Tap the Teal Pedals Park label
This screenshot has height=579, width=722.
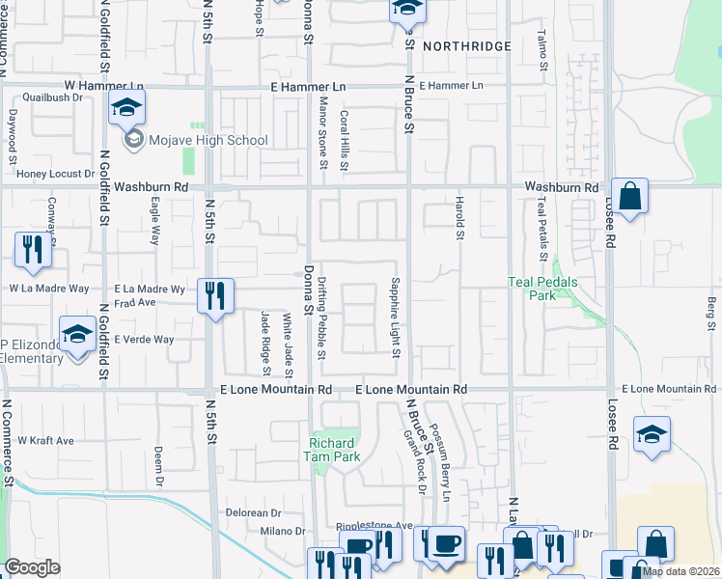pyautogui.click(x=532, y=289)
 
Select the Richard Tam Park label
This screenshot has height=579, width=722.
pyautogui.click(x=332, y=450)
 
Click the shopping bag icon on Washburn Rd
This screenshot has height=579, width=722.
pyautogui.click(x=628, y=197)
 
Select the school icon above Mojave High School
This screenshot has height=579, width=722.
pyautogui.click(x=126, y=109)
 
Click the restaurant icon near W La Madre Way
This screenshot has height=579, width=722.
pyautogui.click(x=34, y=249)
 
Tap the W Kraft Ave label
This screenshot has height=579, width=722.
pyautogui.click(x=45, y=440)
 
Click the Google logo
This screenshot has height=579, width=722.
pyautogui.click(x=32, y=567)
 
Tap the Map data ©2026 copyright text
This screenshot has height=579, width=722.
pyautogui.click(x=680, y=571)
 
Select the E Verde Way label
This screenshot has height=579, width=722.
pyautogui.click(x=143, y=340)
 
